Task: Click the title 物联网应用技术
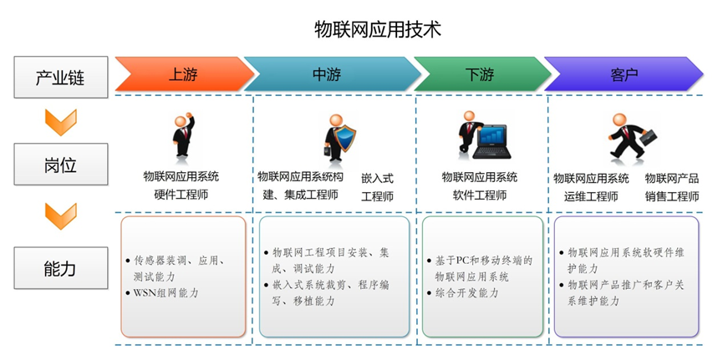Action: click(x=378, y=28)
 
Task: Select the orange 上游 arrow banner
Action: click(x=184, y=74)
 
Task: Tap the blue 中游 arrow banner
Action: click(x=332, y=74)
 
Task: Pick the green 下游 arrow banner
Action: click(x=481, y=74)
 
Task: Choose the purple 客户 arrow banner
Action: click(x=624, y=74)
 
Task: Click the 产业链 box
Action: click(x=61, y=77)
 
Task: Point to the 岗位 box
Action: click(x=61, y=164)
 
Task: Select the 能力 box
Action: click(x=61, y=268)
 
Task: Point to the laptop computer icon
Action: click(x=492, y=142)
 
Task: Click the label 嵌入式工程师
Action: click(x=377, y=188)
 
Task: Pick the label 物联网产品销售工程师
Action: click(x=672, y=188)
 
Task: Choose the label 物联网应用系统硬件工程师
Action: click(x=181, y=185)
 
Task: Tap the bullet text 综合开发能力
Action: click(x=466, y=292)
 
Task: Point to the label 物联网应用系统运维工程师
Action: click(x=591, y=188)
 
